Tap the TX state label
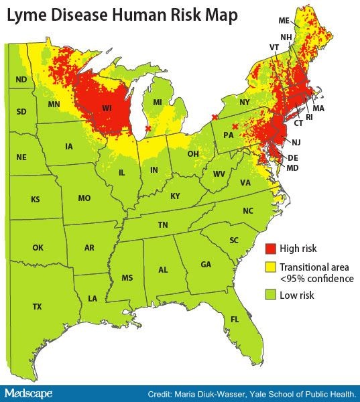click(38, 306)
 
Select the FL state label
click(235, 319)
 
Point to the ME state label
click(284, 21)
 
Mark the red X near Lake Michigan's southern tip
click(147, 129)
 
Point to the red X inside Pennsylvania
click(235, 127)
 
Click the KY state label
click(175, 196)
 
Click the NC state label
click(248, 210)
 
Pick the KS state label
click(35, 200)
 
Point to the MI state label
click(158, 102)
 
